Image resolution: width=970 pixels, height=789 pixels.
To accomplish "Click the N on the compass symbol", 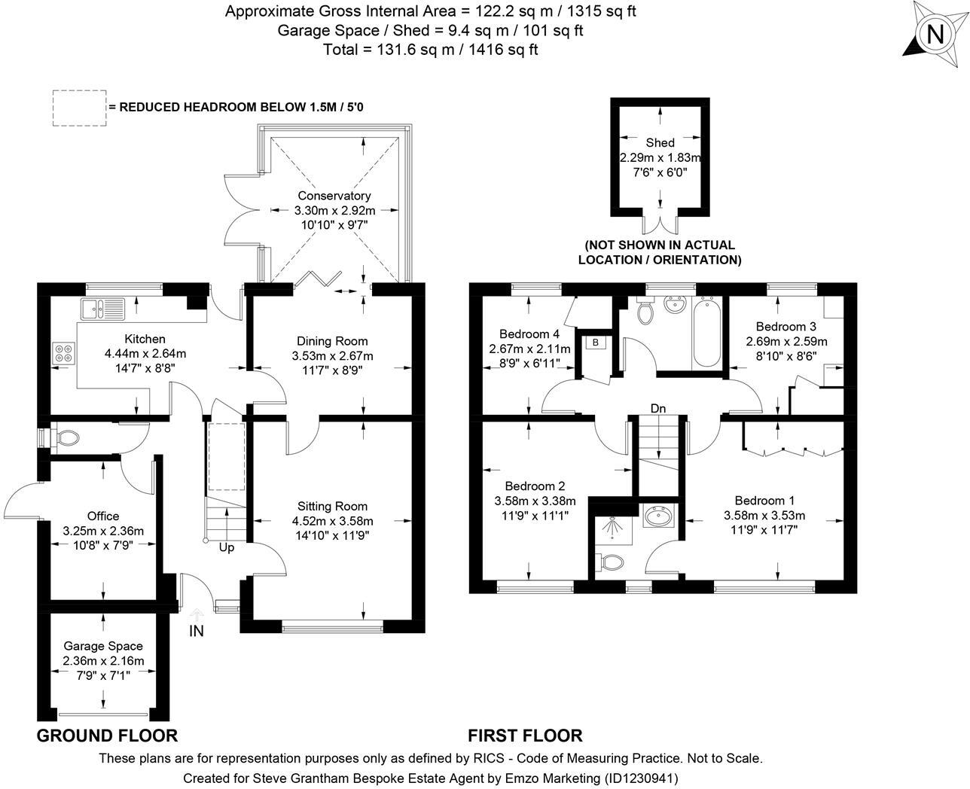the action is click(x=935, y=35).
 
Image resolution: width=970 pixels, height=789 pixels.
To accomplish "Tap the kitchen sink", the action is click(x=103, y=309).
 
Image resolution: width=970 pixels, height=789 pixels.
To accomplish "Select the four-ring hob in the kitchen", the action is click(x=64, y=353).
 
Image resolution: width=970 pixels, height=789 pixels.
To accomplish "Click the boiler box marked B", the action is click(x=595, y=343).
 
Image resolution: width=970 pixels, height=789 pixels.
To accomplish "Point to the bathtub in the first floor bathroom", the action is click(x=706, y=332).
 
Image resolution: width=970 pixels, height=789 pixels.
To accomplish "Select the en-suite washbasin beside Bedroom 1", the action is click(x=658, y=516).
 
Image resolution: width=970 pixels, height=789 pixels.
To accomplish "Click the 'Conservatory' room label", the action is click(x=334, y=196).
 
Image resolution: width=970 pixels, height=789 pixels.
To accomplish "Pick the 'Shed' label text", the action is click(x=660, y=142).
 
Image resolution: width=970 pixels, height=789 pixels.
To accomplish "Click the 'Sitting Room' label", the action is click(x=332, y=506).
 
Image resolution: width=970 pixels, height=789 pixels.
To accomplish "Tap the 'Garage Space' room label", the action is click(x=103, y=646).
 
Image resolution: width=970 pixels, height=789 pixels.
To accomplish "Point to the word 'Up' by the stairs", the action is click(x=227, y=547).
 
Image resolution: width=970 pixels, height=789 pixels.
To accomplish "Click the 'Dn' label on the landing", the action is click(x=658, y=408).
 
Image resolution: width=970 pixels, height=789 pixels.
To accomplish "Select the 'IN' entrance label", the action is click(x=197, y=631).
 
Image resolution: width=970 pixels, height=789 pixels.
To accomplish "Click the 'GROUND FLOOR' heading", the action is click(x=107, y=736).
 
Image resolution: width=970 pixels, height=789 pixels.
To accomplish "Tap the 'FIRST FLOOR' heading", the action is click(x=525, y=736).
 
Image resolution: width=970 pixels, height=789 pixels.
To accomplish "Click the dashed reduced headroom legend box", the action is click(x=80, y=108).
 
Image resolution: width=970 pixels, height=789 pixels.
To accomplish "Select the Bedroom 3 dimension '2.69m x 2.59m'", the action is click(x=786, y=342).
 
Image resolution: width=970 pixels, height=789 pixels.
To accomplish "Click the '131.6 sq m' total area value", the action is click(x=415, y=49).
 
